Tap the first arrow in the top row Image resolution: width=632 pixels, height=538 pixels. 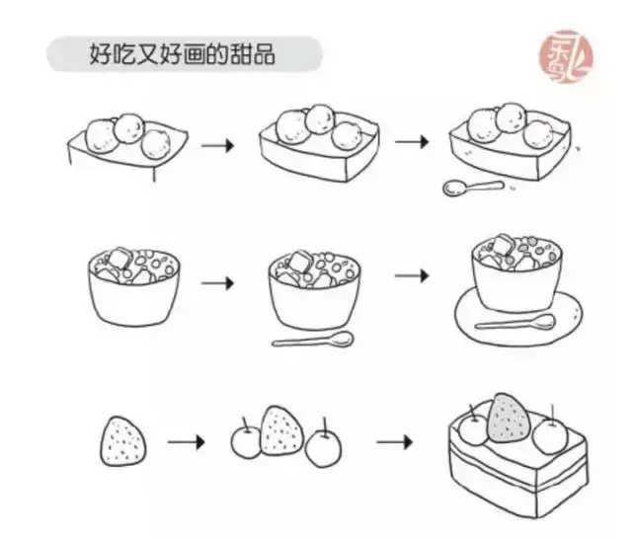click(x=218, y=145)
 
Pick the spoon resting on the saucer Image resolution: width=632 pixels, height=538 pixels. click(x=514, y=322)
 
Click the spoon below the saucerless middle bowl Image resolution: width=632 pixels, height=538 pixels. click(x=313, y=342)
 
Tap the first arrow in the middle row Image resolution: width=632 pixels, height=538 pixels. click(x=218, y=283)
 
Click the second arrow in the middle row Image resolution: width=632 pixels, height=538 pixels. click(x=413, y=275)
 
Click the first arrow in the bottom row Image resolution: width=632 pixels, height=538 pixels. click(x=186, y=440)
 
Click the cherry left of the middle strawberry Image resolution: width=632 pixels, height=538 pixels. click(x=245, y=441)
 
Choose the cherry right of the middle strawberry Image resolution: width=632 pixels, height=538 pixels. click(x=322, y=449)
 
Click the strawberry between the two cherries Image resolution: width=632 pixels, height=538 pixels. click(x=280, y=431)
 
